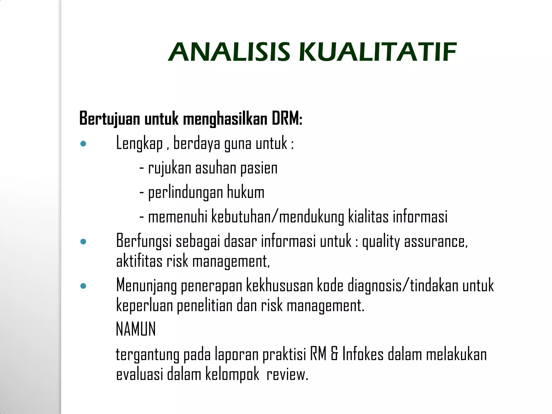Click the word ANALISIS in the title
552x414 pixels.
(x=229, y=52)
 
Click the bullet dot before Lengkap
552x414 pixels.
(x=83, y=144)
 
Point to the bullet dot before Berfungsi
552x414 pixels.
(x=83, y=241)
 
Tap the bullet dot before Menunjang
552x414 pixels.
(x=83, y=286)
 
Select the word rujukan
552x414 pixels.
(x=170, y=168)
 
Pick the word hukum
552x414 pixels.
(x=246, y=192)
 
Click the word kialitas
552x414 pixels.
(x=368, y=217)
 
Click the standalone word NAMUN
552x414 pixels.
(x=136, y=329)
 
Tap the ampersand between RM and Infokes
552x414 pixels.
(x=334, y=354)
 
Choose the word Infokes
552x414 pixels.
(x=363, y=354)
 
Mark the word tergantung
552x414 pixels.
(x=147, y=355)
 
